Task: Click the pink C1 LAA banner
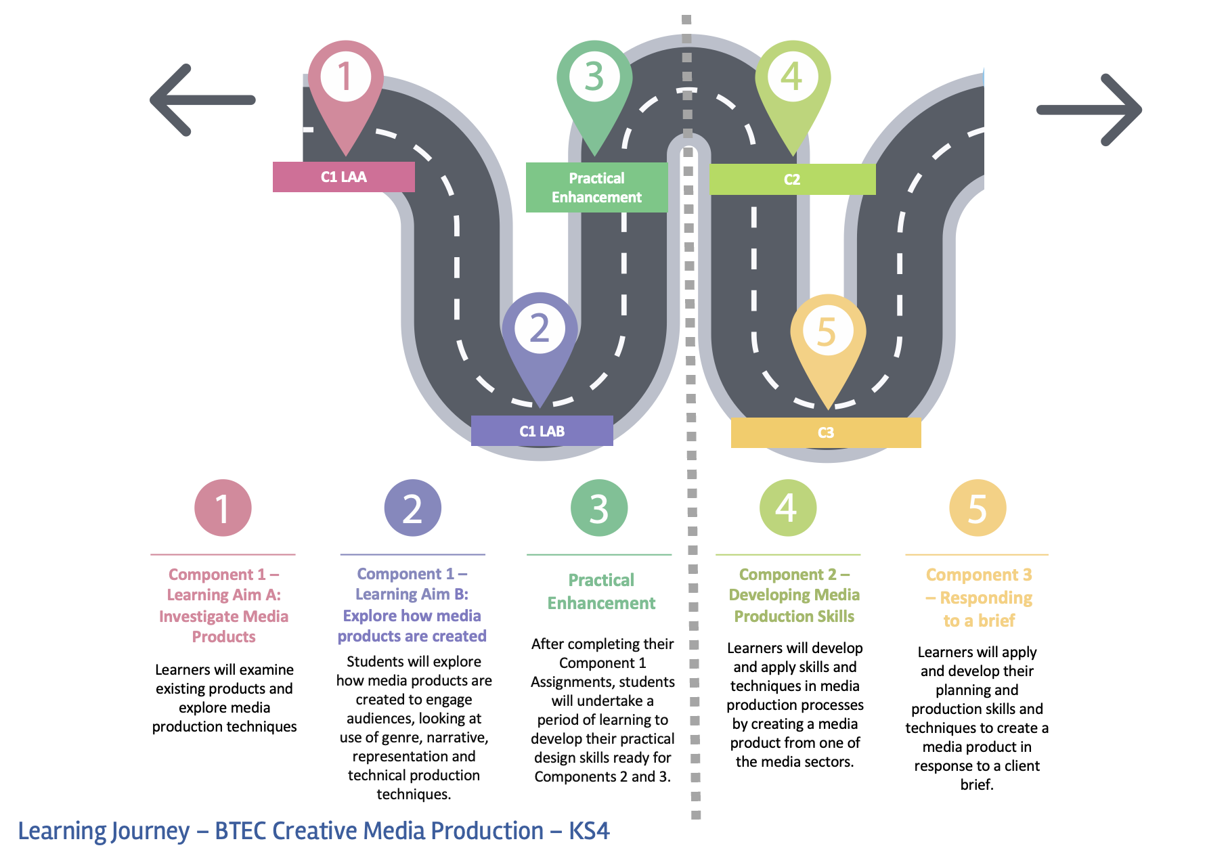coord(344,177)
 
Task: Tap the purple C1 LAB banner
coord(542,431)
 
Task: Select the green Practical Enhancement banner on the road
coord(596,187)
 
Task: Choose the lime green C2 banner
coord(792,179)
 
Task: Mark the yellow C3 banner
coord(826,433)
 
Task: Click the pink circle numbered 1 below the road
coord(223,508)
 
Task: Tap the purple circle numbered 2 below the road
coord(412,508)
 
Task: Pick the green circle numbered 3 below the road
coord(599,508)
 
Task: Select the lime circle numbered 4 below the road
coord(787,508)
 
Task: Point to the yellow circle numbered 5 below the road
coord(977,508)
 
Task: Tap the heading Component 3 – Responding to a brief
coord(979,598)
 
